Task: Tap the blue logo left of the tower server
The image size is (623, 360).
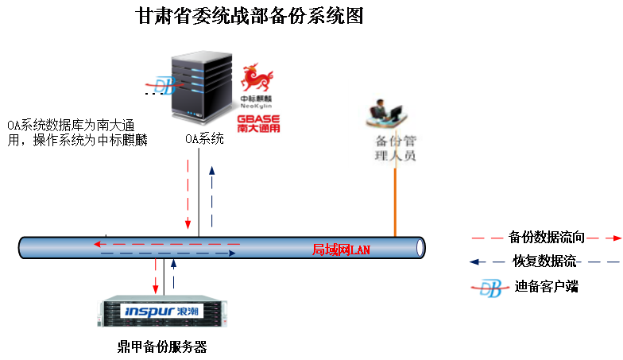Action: pos(162,84)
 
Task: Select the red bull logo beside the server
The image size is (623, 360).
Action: pos(257,79)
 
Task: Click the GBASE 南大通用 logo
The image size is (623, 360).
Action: pos(258,124)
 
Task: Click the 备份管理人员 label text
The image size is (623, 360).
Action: pos(395,149)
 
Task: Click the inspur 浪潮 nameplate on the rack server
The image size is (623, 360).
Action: pos(162,311)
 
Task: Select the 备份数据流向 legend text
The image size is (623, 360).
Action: pos(548,237)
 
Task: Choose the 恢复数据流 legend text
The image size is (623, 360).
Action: pos(544,261)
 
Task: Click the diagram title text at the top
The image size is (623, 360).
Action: pos(250,15)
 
